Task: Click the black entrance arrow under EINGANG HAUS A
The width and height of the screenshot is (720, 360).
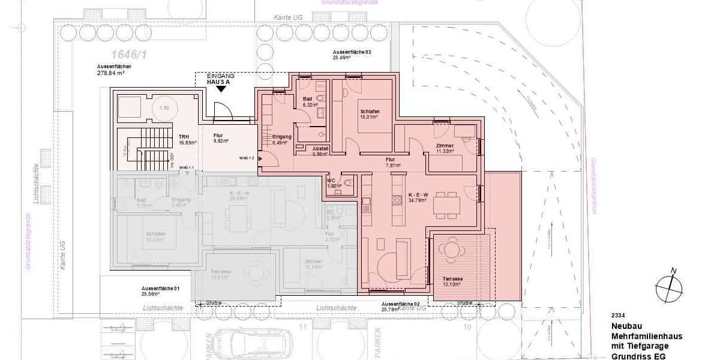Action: pyautogui.click(x=221, y=89)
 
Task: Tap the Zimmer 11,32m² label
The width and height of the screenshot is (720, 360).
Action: pyautogui.click(x=445, y=148)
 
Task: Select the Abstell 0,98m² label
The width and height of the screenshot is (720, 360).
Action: pyautogui.click(x=320, y=150)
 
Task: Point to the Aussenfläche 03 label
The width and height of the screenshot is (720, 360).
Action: pyautogui.click(x=352, y=55)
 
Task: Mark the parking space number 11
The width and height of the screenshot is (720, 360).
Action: pyautogui.click(x=302, y=328)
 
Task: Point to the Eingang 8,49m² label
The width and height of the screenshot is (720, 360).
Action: pyautogui.click(x=281, y=140)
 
